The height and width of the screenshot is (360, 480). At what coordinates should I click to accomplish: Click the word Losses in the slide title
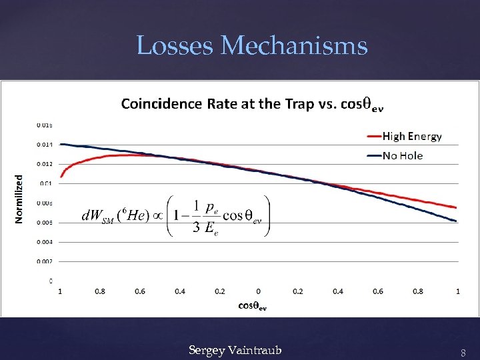(x=175, y=46)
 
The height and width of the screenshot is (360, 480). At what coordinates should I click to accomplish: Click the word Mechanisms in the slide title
(x=294, y=46)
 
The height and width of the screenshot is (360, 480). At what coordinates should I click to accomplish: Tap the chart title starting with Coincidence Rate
(x=253, y=104)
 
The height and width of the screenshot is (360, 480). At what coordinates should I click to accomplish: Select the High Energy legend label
(x=411, y=137)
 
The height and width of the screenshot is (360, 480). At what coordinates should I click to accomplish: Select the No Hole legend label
(x=402, y=155)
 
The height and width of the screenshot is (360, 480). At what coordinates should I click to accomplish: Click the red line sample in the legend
(x=373, y=137)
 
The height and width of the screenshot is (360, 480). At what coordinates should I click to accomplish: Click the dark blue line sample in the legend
(x=373, y=155)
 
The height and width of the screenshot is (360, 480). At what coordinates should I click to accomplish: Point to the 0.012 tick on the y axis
(x=45, y=163)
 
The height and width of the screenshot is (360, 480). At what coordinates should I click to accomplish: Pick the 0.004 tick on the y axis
(x=45, y=242)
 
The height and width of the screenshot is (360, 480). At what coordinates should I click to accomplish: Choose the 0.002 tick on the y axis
(x=45, y=261)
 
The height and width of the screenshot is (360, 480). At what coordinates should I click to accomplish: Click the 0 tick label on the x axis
(x=258, y=291)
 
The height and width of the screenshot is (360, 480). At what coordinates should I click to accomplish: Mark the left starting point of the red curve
(x=61, y=177)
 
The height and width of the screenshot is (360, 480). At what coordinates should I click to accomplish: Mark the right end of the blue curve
(x=457, y=221)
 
